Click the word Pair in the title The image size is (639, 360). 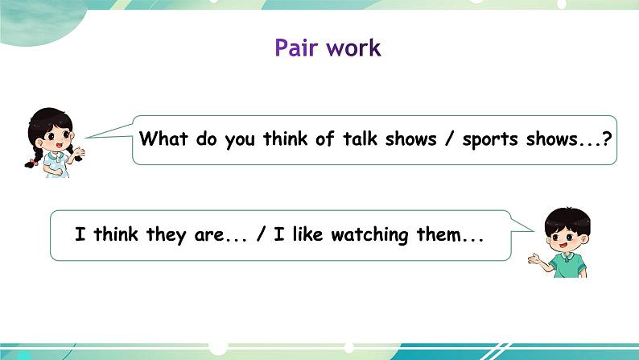[296, 48]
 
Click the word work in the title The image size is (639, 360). [354, 48]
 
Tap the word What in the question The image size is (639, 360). [163, 139]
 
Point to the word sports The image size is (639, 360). [490, 140]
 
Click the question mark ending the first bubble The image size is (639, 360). [606, 139]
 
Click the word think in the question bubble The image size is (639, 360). [285, 139]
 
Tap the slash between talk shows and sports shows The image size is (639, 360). [449, 139]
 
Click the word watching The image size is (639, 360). [369, 235]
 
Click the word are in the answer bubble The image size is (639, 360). [208, 236]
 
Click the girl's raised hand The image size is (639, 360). [80, 151]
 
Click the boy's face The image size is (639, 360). [567, 238]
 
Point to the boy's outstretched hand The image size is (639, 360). [534, 259]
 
